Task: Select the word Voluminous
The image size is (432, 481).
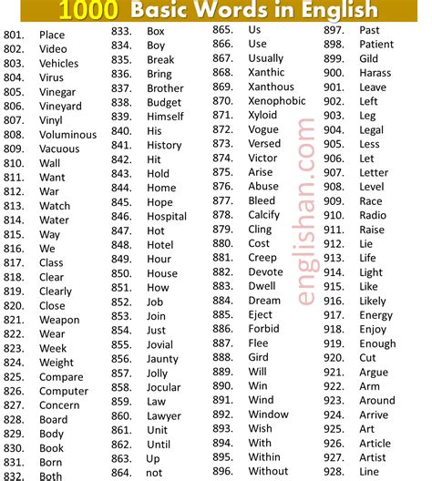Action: tap(67, 135)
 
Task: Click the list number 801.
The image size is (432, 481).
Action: tap(15, 35)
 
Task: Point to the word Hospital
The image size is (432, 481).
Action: tap(167, 217)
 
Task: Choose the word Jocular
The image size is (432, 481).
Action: tap(165, 387)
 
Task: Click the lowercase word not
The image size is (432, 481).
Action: tap(155, 473)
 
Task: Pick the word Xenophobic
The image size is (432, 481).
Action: tap(277, 101)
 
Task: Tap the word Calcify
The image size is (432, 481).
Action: tap(265, 215)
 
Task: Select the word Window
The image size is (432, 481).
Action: tap(268, 414)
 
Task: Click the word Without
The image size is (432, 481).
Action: tap(268, 471)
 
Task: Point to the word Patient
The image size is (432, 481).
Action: tap(376, 44)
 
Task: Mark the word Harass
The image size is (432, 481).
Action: tap(375, 73)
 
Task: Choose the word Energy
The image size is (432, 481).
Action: tap(376, 315)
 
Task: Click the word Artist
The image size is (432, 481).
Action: tap(373, 457)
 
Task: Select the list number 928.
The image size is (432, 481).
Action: tap(335, 471)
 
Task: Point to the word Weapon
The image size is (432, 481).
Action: tap(59, 320)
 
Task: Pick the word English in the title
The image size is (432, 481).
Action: tap(327, 11)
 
